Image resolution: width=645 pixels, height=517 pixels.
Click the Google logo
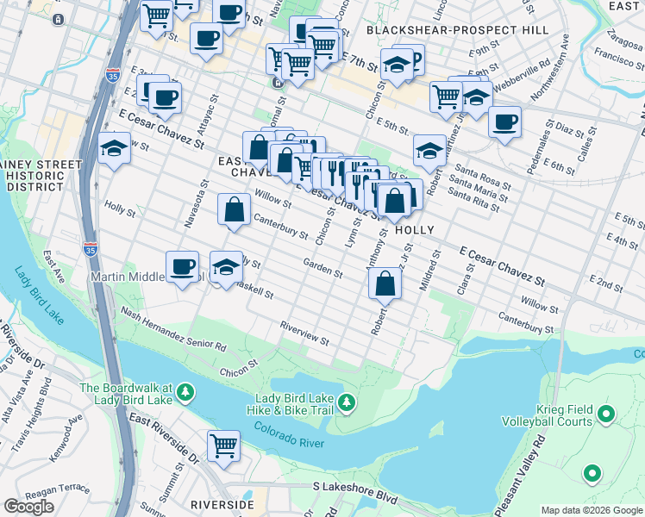tap(28, 507)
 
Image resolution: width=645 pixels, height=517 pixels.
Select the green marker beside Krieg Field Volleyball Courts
tap(606, 415)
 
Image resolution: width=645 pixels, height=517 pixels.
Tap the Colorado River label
tap(288, 440)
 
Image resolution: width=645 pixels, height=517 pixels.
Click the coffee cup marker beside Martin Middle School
tap(182, 266)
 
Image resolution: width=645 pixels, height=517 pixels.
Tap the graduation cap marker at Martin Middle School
tap(226, 267)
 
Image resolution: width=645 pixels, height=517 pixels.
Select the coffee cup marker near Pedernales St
tap(504, 121)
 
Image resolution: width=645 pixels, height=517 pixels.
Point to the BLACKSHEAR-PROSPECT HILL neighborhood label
tap(457, 30)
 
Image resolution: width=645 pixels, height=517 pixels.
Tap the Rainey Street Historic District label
tap(41, 175)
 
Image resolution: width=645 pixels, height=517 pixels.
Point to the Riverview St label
tap(304, 334)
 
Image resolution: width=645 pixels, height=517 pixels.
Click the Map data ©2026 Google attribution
tap(591, 510)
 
